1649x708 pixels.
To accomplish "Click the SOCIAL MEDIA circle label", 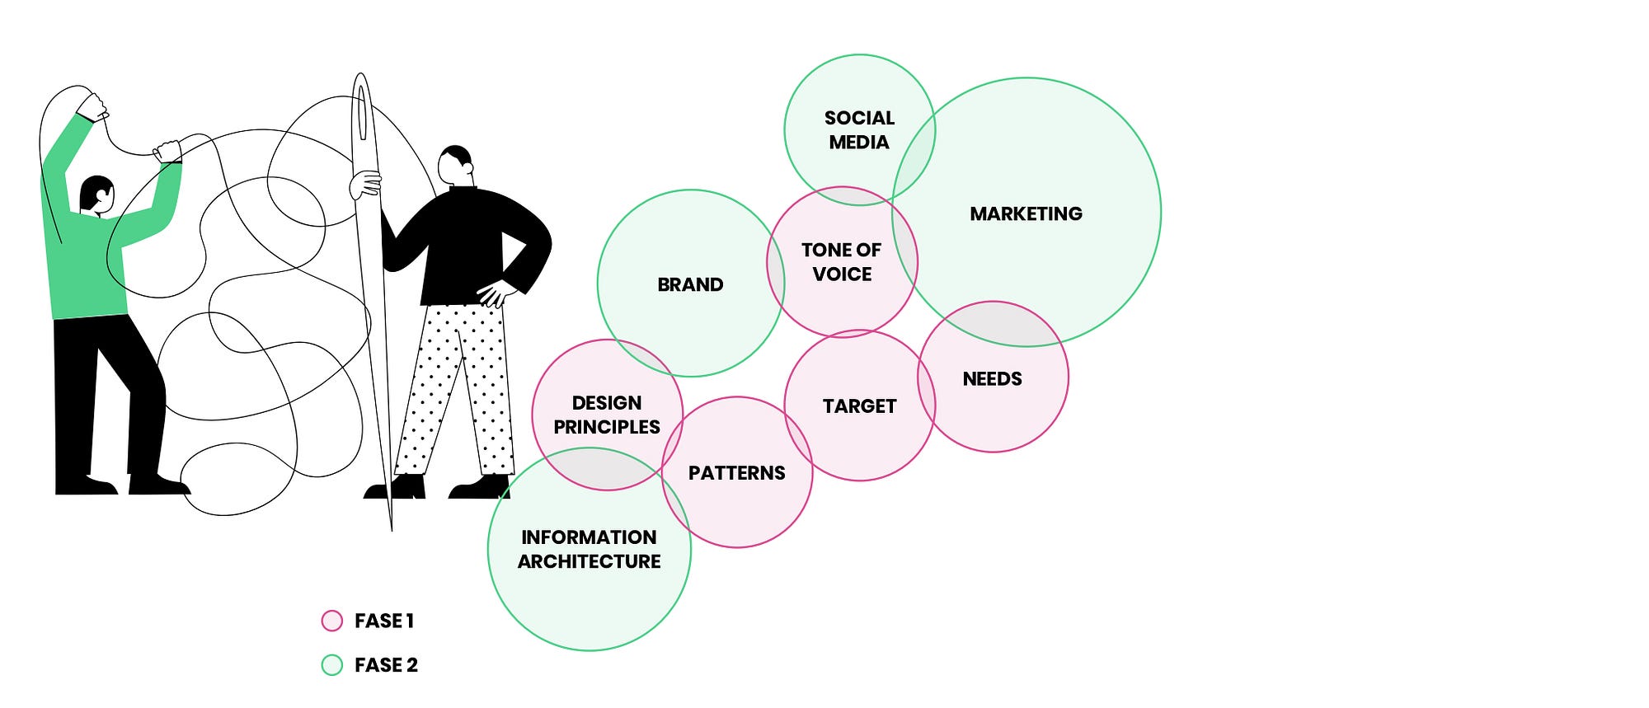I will tap(859, 130).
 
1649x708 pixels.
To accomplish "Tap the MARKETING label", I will tap(1026, 214).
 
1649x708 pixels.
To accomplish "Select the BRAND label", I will tap(690, 285).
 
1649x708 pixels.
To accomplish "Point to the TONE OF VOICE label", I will tap(841, 262).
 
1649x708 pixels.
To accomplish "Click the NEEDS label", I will tap(992, 379).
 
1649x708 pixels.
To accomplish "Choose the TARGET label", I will tap(859, 406).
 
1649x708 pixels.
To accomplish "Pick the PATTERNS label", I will tap(736, 473).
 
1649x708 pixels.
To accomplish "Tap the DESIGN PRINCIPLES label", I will tap(607, 415).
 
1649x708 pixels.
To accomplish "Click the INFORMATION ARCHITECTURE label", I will tap(589, 549).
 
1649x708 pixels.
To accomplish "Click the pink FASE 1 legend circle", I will tap(331, 621).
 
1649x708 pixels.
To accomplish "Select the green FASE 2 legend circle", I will tap(331, 665).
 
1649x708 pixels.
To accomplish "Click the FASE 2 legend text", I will tap(386, 665).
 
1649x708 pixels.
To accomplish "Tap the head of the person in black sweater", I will tap(455, 165).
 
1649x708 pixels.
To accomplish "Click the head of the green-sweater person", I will tap(96, 195).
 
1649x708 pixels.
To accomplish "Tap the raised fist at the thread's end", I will tap(92, 105).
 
